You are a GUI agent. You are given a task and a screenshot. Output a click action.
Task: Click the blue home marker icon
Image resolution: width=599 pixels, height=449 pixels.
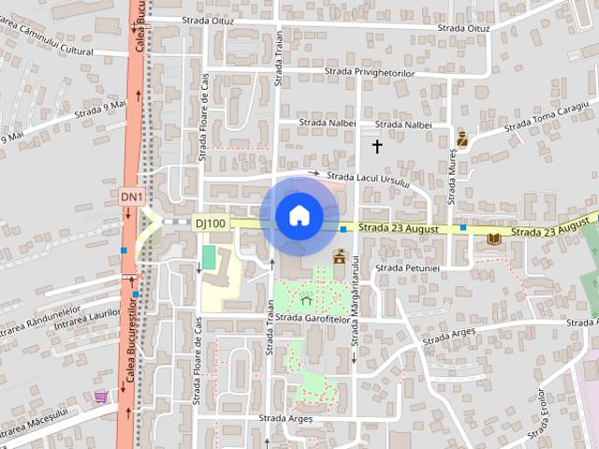299,215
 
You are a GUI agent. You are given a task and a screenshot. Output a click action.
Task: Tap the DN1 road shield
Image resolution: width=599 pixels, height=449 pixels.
132,196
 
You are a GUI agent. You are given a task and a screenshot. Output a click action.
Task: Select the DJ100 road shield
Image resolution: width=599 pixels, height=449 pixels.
210,223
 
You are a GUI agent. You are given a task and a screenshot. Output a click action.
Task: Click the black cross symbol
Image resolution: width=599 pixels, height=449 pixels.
378,146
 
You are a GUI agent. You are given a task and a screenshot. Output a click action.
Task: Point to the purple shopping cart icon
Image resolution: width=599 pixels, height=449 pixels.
100,398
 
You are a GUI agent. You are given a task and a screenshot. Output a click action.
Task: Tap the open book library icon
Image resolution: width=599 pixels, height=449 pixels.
493,239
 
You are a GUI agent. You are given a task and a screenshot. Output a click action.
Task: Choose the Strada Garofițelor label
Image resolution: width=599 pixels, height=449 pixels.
314,319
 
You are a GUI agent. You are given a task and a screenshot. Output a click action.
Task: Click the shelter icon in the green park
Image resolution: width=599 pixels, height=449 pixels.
305,299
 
